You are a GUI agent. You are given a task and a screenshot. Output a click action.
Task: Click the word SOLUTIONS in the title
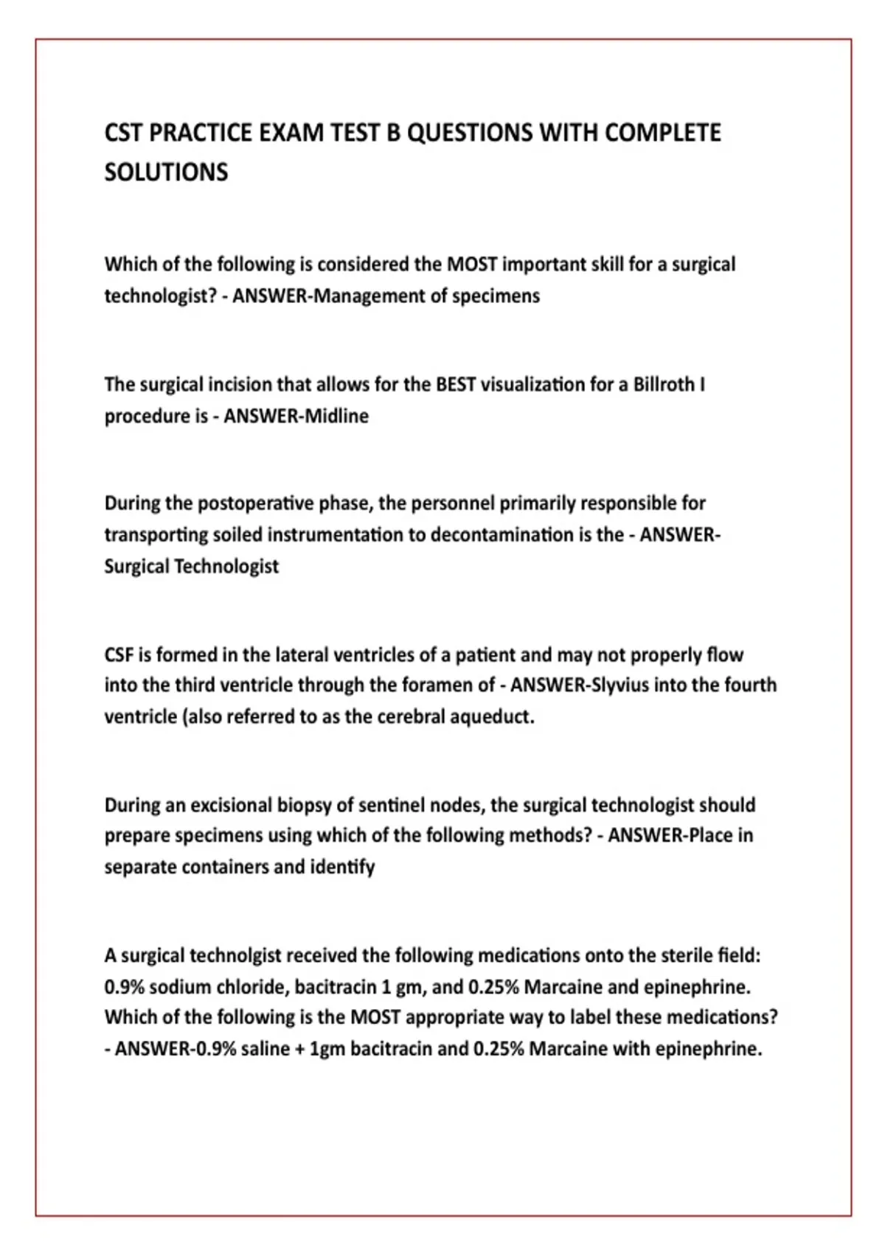click(166, 172)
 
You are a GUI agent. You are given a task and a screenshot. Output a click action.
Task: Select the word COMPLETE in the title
click(662, 133)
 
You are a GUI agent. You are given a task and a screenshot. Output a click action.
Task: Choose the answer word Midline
click(337, 416)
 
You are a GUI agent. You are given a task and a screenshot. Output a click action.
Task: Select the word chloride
click(251, 988)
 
